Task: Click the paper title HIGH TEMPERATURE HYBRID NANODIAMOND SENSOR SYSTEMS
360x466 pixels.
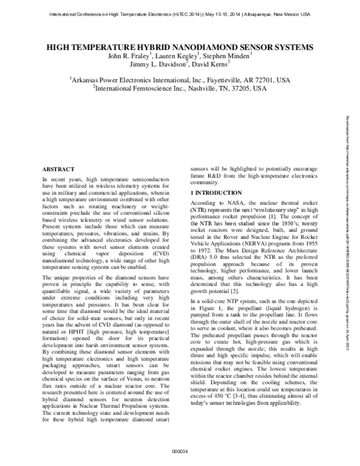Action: click(180, 46)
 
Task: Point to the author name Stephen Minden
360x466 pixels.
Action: click(227, 56)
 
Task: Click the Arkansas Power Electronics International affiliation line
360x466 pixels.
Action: click(180, 79)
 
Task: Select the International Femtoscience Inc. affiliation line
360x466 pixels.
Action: click(180, 88)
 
